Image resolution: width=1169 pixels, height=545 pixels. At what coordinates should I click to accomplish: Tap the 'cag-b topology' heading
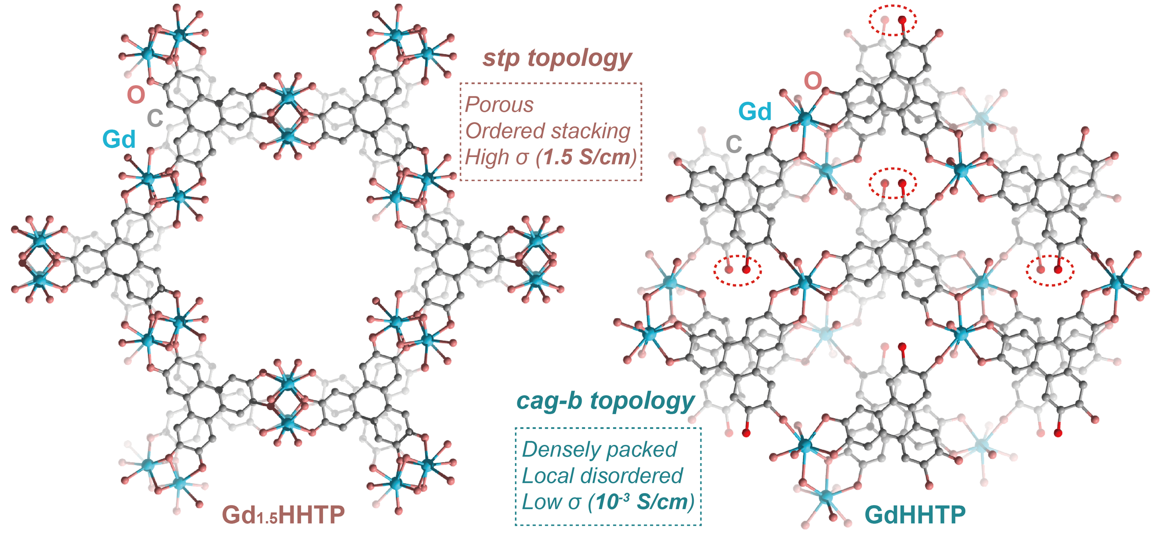tap(605, 401)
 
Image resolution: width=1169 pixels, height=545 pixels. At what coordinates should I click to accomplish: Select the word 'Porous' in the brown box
tap(499, 105)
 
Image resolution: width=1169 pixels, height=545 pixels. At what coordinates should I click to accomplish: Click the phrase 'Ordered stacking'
tap(548, 131)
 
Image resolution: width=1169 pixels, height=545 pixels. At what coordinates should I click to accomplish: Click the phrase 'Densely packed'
tap(599, 450)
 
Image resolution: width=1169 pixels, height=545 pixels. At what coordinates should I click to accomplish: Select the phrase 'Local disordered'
tap(602, 476)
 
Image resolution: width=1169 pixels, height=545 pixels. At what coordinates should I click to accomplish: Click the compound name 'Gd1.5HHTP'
tap(283, 515)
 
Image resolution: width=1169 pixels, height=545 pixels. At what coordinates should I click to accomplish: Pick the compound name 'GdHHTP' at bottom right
tap(915, 515)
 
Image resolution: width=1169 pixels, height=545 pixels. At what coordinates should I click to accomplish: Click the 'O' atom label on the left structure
tap(136, 95)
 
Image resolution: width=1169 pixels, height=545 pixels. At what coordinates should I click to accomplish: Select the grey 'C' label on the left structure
tap(155, 118)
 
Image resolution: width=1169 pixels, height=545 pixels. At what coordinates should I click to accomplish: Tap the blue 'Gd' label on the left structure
tap(119, 139)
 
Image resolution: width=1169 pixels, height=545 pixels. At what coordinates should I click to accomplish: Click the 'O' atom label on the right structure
tap(813, 81)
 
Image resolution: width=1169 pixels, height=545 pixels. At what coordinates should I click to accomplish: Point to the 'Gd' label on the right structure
tap(755, 112)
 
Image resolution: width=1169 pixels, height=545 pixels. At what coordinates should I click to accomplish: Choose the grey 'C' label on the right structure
tap(734, 144)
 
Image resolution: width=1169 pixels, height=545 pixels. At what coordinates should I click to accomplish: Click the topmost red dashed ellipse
tap(892, 20)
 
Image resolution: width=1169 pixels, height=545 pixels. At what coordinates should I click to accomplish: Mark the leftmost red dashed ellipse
tap(737, 270)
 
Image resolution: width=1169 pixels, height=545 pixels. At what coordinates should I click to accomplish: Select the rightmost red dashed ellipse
tap(1049, 270)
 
